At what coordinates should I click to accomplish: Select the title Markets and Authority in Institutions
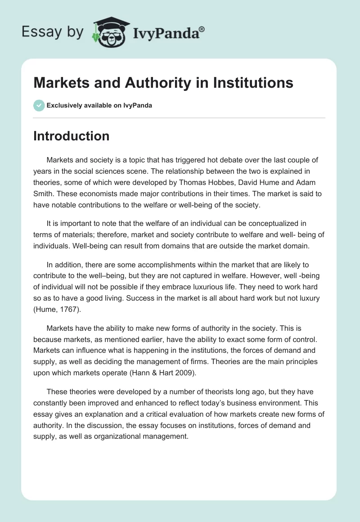(163, 83)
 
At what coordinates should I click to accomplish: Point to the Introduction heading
(71, 136)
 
